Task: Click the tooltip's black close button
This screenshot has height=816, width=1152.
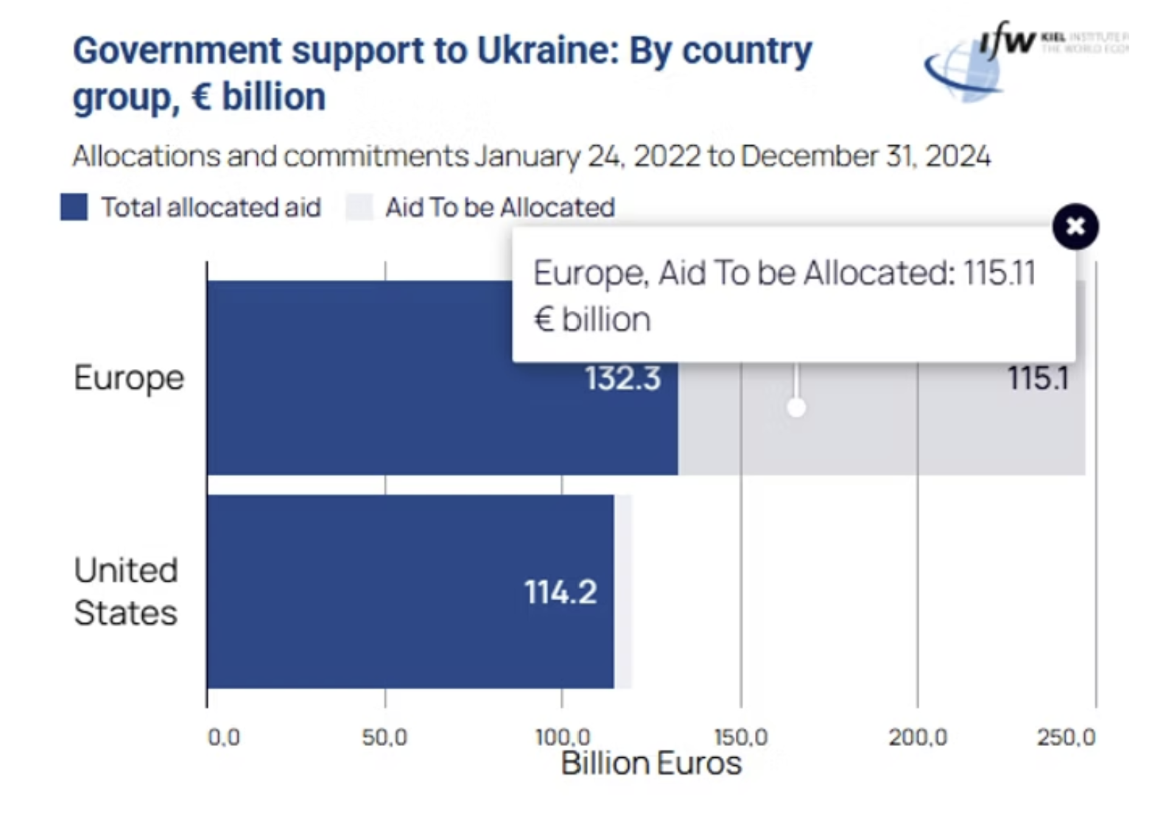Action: pos(1075,226)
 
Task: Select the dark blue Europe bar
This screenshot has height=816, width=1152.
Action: pos(368,412)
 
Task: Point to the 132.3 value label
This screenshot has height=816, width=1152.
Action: pos(622,379)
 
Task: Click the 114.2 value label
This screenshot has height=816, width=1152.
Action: pos(561,592)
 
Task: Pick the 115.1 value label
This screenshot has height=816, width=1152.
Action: pos(1038,379)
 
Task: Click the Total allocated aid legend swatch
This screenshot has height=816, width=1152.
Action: pos(74,208)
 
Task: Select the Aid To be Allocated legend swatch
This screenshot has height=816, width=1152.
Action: pos(360,208)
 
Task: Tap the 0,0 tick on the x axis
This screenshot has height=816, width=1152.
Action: pos(223,736)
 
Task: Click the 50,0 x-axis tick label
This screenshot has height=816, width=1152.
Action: pos(384,736)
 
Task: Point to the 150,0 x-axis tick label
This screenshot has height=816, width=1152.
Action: pos(741,736)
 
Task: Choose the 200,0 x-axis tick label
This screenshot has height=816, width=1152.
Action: pos(918,736)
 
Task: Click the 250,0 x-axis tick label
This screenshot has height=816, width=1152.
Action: pos(1067,736)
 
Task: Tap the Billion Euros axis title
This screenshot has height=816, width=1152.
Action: pos(651,763)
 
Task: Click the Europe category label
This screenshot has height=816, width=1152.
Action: pos(129,378)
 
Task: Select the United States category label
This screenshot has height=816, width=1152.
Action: pos(126,591)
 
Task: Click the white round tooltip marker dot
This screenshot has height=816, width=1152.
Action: pos(796,407)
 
